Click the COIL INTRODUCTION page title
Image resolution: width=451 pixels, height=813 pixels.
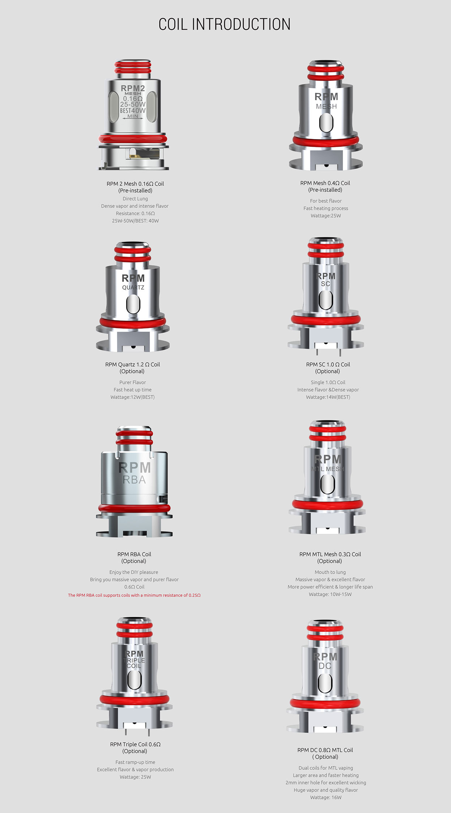click(x=224, y=25)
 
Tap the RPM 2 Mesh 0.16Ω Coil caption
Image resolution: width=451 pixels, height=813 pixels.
click(x=135, y=184)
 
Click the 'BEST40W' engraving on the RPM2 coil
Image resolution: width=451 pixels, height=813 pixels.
click(x=133, y=111)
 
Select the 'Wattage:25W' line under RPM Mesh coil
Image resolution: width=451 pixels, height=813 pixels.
click(x=326, y=216)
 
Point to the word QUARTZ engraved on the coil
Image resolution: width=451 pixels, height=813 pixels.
click(x=133, y=288)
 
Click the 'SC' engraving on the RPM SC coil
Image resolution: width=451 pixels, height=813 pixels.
click(x=326, y=284)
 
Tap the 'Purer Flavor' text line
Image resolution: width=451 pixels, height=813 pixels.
click(x=133, y=382)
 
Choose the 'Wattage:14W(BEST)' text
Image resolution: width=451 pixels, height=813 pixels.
click(x=328, y=397)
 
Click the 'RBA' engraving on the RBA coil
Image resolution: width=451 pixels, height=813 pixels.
click(x=134, y=480)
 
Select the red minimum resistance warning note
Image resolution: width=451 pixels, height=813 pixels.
click(x=134, y=595)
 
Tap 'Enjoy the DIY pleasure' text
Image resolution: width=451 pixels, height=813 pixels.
click(x=134, y=572)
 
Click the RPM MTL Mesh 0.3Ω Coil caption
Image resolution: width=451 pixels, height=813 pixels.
click(x=330, y=554)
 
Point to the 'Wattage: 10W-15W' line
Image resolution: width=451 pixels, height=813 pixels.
click(x=330, y=594)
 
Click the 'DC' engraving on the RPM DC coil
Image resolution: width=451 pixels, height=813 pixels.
click(x=325, y=666)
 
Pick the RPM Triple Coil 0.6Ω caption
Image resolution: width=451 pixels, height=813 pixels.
click(x=135, y=744)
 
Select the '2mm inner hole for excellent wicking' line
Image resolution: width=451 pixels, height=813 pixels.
click(x=326, y=783)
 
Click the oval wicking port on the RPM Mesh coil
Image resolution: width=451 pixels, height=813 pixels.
click(x=326, y=123)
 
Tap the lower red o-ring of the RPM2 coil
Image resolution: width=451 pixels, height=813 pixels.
click(x=133, y=139)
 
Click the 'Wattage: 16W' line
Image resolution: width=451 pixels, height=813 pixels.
click(x=326, y=797)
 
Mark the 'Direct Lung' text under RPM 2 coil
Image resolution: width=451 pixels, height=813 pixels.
click(x=135, y=199)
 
